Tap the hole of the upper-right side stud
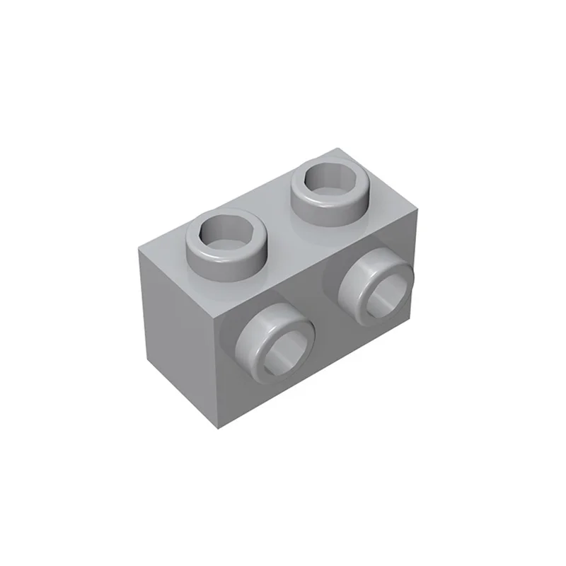(388, 288)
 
